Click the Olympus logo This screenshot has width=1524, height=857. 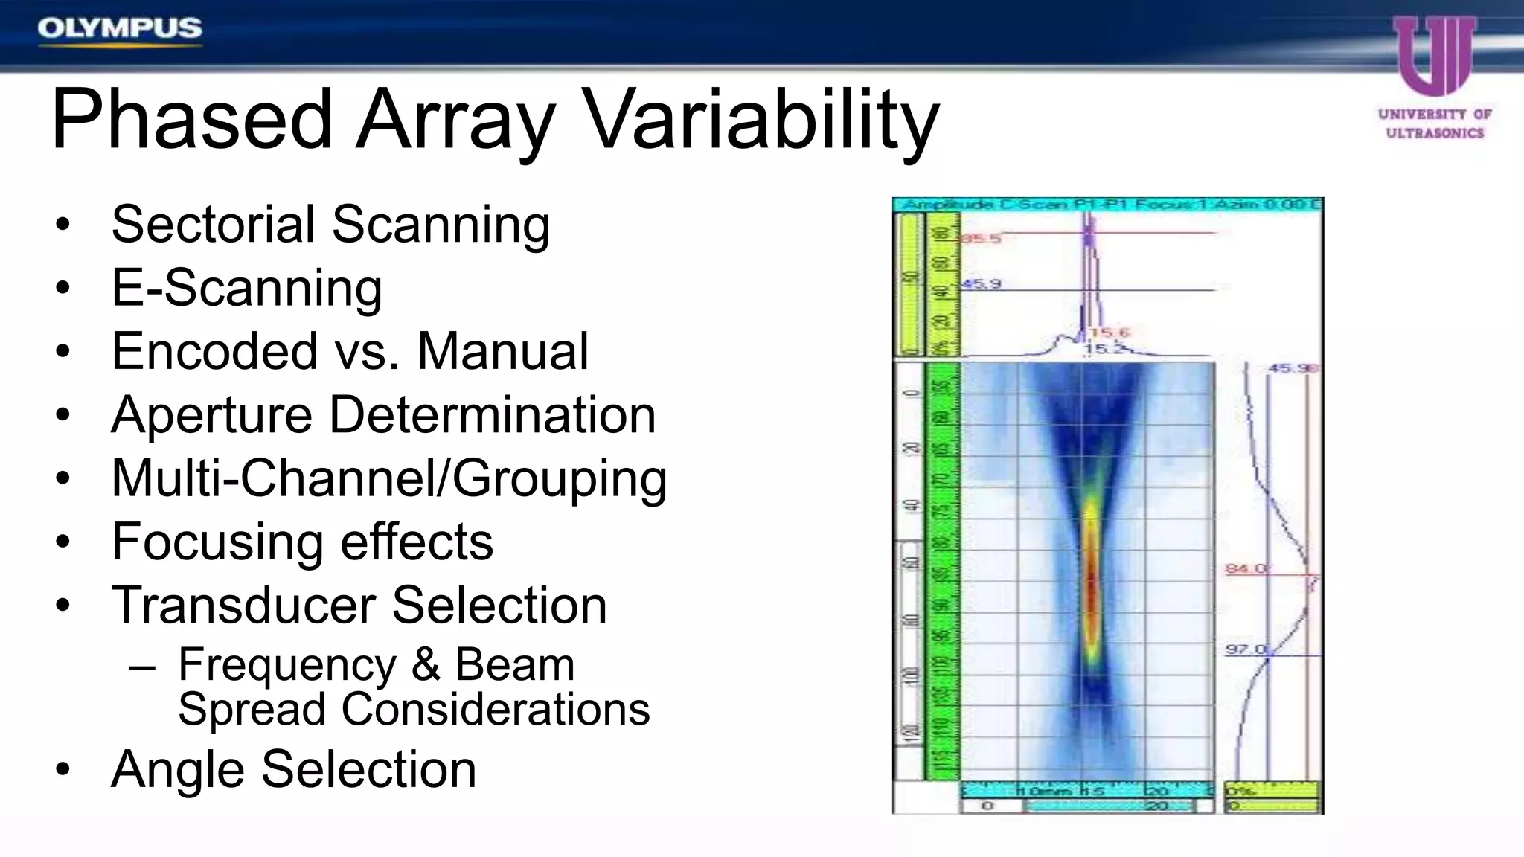[120, 29]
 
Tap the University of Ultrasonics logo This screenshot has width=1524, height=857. [1434, 78]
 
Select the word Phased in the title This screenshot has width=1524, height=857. [190, 121]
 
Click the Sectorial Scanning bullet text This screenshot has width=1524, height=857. [330, 224]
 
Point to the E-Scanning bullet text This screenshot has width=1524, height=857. [246, 288]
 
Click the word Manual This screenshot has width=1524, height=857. [502, 351]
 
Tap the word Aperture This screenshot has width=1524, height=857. [211, 415]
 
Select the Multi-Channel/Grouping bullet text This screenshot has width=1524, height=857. [388, 478]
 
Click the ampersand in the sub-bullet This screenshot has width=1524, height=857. [426, 664]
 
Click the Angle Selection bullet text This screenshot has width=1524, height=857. [293, 769]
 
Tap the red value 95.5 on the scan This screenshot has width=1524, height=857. [981, 239]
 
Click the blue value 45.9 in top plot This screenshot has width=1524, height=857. [982, 284]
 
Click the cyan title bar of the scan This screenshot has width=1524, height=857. [1107, 205]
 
